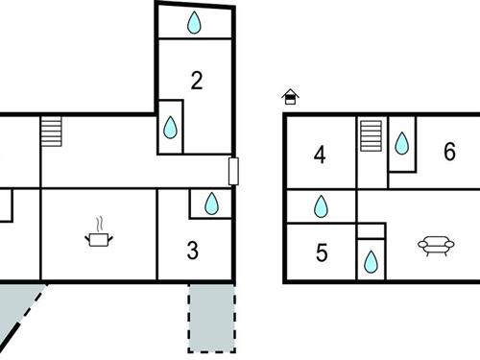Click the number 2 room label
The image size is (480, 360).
196,81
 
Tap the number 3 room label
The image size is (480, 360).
193,252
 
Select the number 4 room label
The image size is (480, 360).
320,154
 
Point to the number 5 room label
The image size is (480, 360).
322,252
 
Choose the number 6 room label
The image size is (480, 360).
449,151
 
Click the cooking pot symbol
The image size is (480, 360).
98,237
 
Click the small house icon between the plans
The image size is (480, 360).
290,96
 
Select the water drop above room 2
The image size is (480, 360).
194,23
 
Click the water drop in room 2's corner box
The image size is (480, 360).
170,127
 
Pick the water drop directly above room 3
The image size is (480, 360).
211,204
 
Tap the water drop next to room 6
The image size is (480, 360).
401,144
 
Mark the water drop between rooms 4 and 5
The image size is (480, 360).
321,206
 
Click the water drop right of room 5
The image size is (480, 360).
370,260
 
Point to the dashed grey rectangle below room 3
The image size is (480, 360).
210,319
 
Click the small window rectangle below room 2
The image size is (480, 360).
233,170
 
